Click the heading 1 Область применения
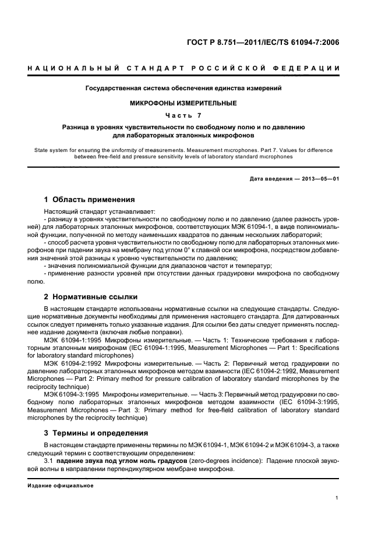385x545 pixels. click(x=90, y=200)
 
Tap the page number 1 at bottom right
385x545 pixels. click(x=337, y=498)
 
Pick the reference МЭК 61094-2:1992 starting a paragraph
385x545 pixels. click(x=73, y=363)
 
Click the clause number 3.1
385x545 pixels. click(x=49, y=461)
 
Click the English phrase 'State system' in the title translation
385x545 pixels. click(x=47, y=150)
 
